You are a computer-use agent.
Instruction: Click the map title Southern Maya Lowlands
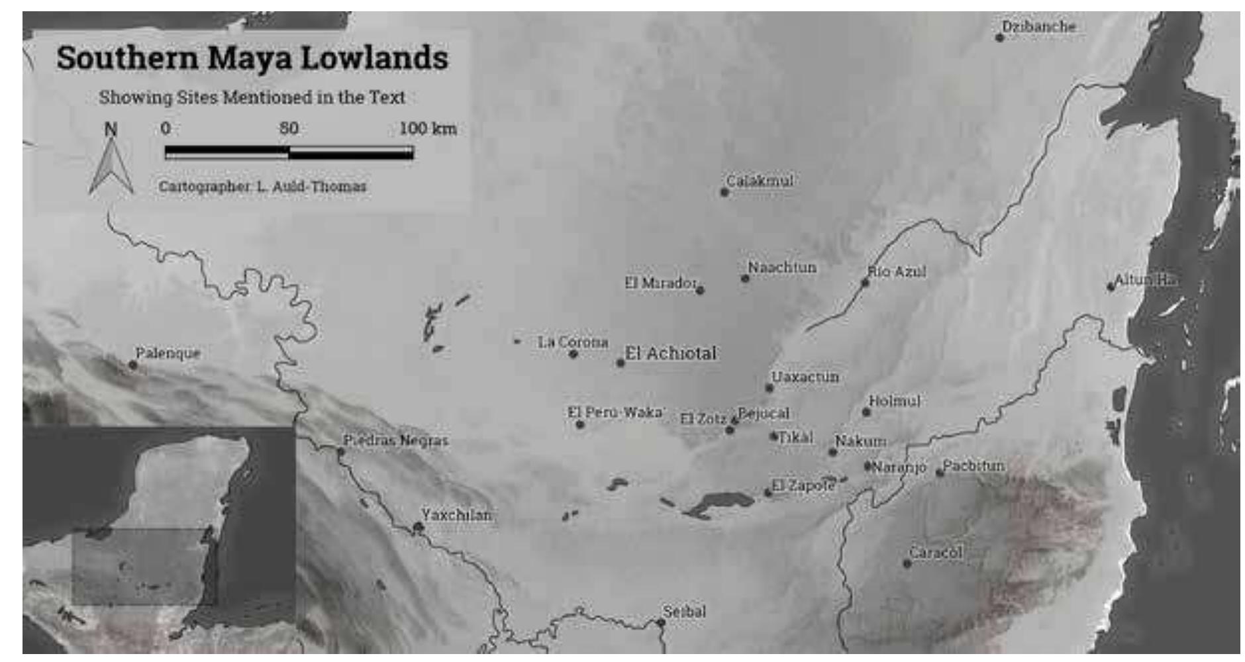click(252, 58)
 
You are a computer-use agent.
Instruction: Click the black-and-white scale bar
click(289, 153)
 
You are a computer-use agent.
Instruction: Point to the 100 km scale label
click(428, 128)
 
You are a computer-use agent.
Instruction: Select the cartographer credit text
click(262, 187)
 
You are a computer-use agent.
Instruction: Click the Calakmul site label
click(760, 181)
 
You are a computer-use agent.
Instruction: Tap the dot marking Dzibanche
click(1000, 38)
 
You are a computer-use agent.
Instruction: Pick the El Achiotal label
click(670, 354)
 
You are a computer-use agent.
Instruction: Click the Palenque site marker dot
click(132, 365)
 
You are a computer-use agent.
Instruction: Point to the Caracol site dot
click(907, 563)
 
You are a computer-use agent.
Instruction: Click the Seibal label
click(684, 612)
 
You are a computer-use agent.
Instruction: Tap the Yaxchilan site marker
click(418, 527)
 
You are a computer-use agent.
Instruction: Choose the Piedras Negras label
click(395, 440)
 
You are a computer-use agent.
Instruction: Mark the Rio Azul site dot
click(865, 283)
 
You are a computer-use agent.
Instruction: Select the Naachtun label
click(782, 267)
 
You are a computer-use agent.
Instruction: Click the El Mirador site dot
click(700, 290)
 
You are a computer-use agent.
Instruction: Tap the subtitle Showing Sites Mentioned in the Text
click(252, 97)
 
